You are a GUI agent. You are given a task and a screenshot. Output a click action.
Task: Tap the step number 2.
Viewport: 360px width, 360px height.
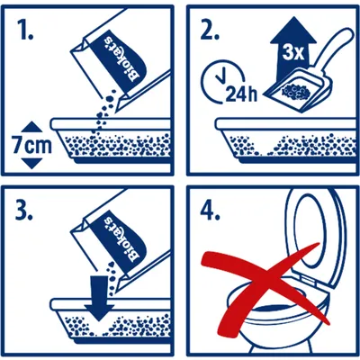coord(208,30)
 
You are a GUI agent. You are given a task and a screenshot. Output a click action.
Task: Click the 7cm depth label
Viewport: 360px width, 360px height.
coord(32,145)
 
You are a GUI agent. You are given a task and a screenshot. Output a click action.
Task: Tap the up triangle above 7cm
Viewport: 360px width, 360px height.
coord(32,127)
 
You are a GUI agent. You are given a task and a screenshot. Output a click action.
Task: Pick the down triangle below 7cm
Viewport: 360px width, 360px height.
coord(32,164)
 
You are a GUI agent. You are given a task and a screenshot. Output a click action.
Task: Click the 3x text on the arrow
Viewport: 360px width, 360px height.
coord(293,53)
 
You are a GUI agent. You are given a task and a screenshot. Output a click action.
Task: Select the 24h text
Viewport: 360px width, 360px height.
coord(241,94)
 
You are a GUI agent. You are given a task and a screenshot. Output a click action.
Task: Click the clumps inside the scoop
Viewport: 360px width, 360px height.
coord(296,93)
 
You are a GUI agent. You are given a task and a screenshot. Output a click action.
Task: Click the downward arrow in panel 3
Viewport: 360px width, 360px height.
coord(99,298)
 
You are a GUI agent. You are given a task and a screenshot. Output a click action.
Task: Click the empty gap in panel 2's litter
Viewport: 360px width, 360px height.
coord(267,148)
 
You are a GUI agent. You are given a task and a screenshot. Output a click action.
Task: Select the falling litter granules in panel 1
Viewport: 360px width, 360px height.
coord(104,114)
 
